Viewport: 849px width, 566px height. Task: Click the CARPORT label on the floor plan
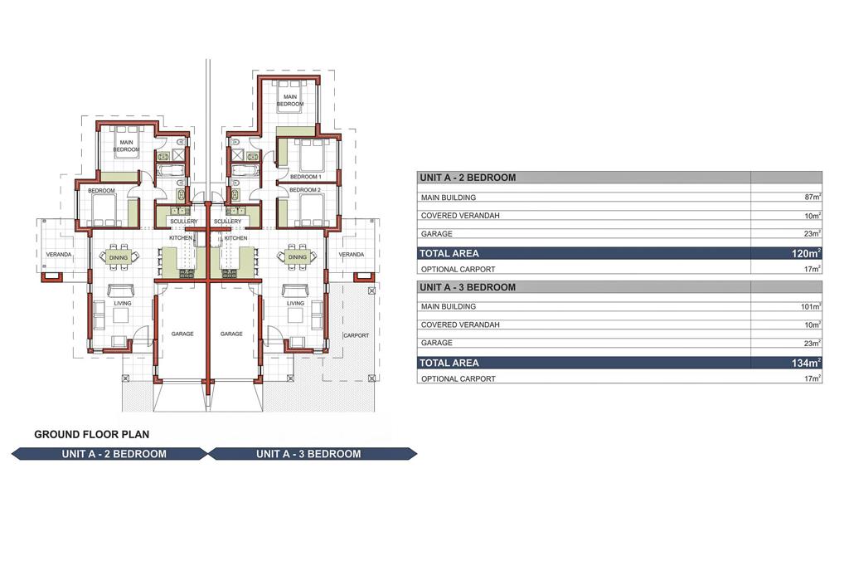[357, 335]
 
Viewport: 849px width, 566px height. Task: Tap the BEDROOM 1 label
[305, 177]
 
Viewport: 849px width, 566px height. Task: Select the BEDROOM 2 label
[305, 190]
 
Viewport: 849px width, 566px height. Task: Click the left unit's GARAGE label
[182, 334]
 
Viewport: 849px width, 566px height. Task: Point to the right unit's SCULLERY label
[227, 222]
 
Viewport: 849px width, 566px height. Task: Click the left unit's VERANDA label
[59, 254]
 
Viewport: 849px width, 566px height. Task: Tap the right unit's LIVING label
[296, 304]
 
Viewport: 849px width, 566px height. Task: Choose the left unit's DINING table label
[119, 257]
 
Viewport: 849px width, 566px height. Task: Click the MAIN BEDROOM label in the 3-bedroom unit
[290, 100]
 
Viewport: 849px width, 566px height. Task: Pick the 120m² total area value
[806, 253]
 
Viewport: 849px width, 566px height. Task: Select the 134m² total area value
[806, 363]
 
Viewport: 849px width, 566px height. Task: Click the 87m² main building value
[813, 197]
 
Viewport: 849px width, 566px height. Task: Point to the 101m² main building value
[811, 306]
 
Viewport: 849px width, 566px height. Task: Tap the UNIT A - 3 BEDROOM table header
[468, 287]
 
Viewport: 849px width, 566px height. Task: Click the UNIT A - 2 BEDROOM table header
[468, 178]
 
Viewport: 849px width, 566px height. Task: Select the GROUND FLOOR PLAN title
[91, 434]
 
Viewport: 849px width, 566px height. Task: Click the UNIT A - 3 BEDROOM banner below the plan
[308, 454]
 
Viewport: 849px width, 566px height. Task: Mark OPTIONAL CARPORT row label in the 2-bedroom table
[458, 269]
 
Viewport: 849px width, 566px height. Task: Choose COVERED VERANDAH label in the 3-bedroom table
[460, 324]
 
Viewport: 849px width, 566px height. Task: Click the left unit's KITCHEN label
[180, 238]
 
